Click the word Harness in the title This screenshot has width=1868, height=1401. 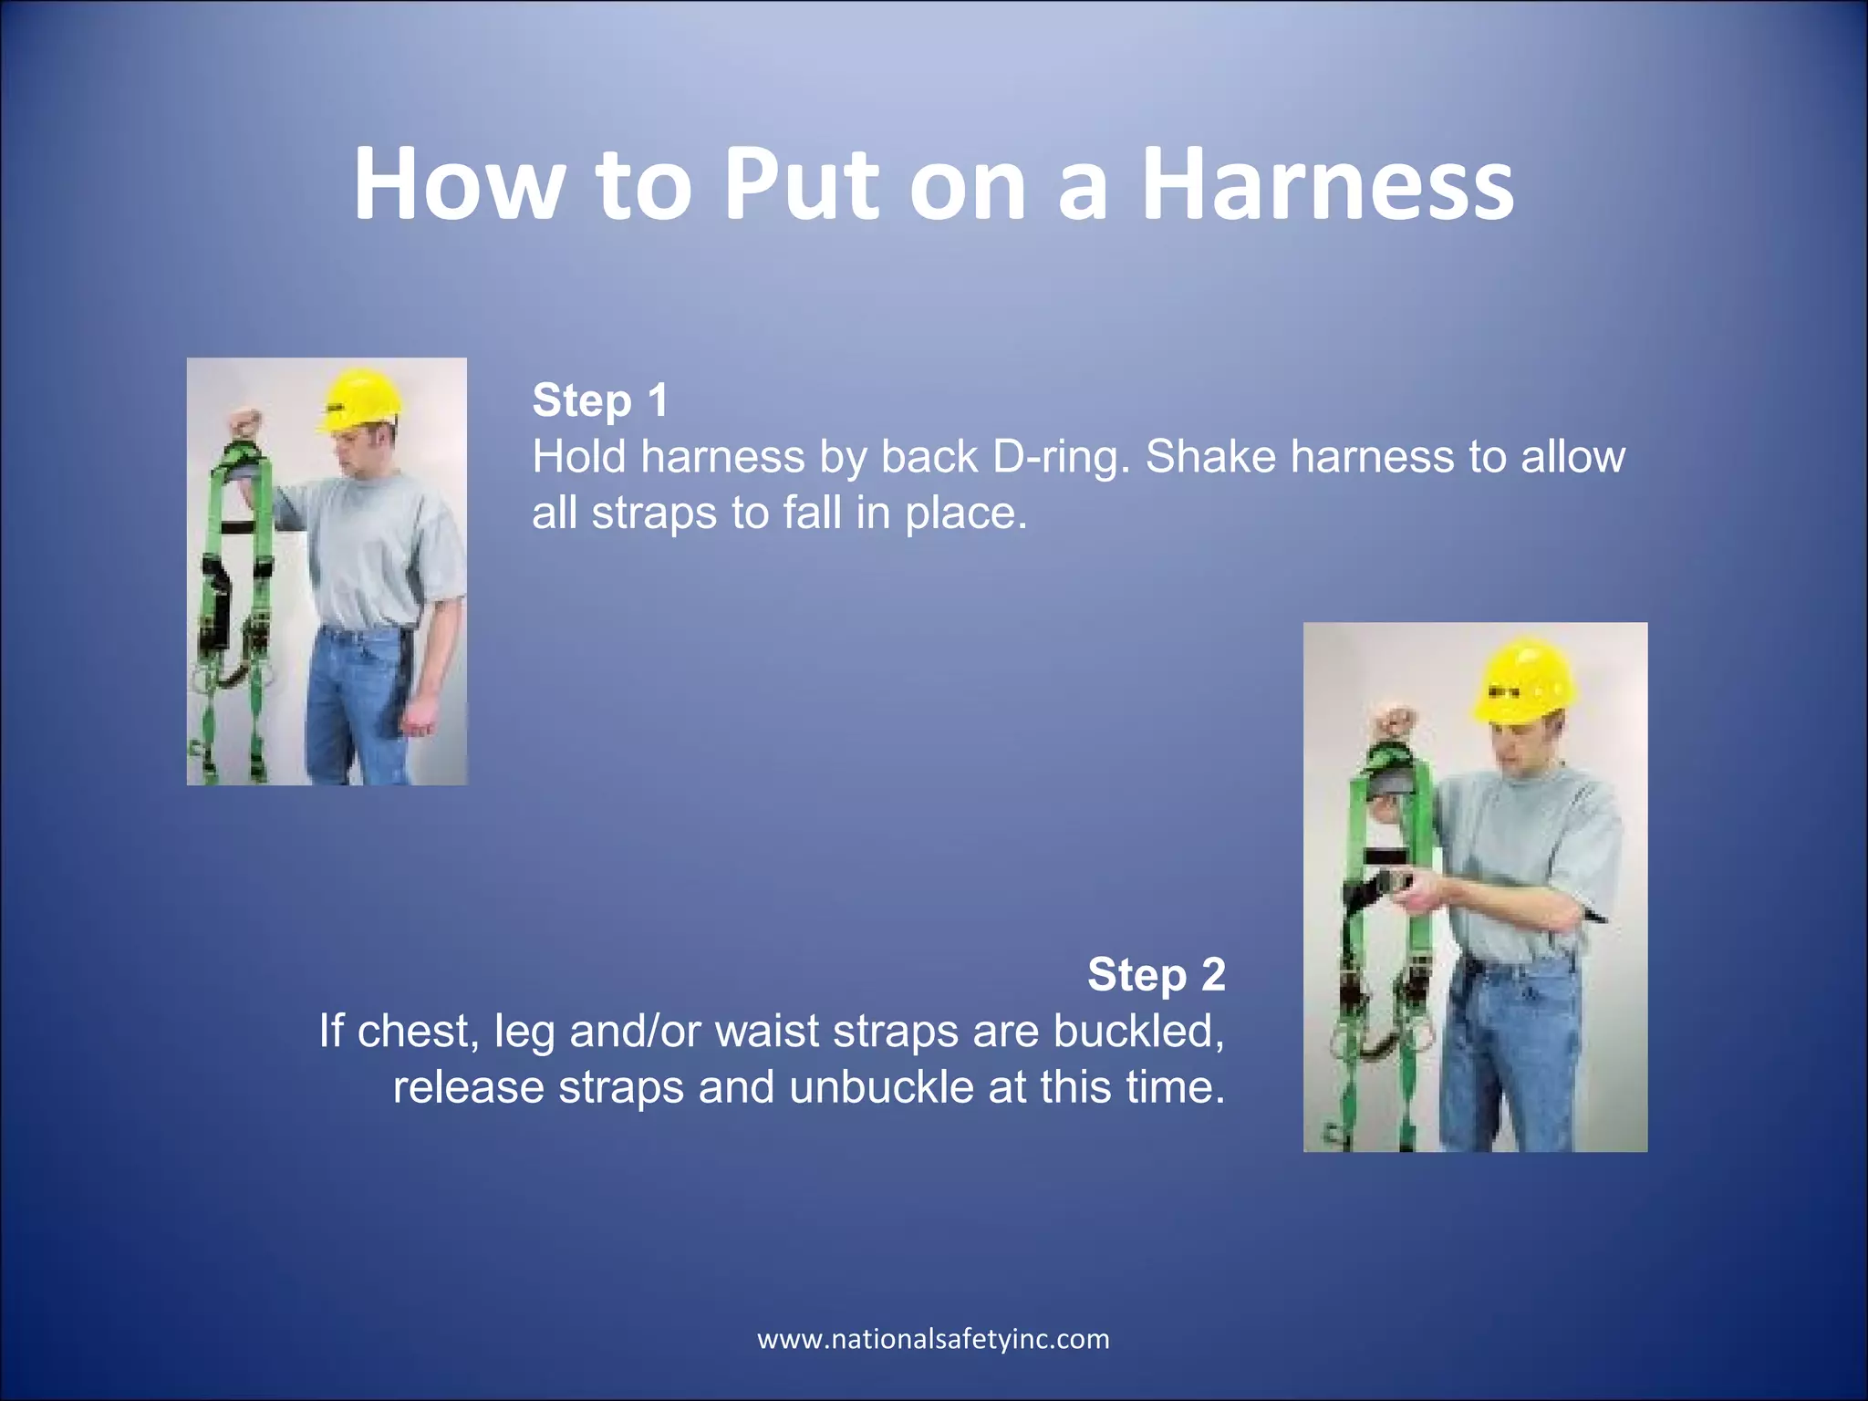coord(1327,185)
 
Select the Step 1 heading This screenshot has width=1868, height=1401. coord(600,400)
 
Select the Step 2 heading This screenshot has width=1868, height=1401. coord(1156,974)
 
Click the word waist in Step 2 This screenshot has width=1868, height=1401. coord(766,1032)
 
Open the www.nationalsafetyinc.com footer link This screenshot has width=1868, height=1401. coord(933,1339)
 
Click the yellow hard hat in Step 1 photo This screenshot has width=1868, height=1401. coord(360,399)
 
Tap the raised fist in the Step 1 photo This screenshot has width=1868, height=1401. coord(244,424)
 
